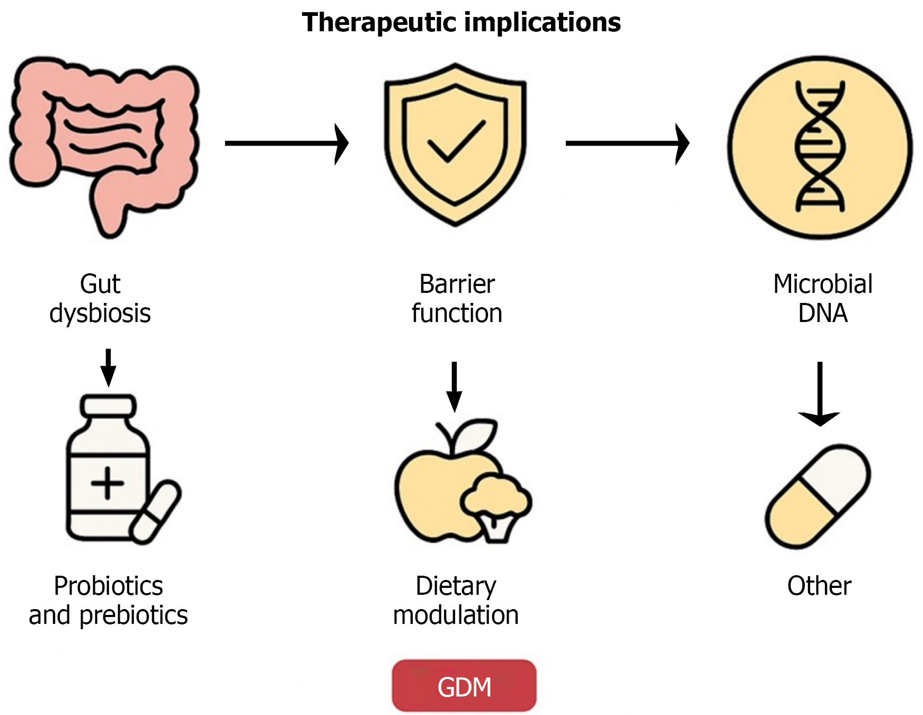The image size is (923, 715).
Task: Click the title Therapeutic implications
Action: click(461, 23)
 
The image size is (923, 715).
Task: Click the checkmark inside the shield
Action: click(456, 141)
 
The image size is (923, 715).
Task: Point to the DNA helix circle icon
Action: click(820, 147)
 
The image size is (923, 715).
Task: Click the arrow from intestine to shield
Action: click(286, 143)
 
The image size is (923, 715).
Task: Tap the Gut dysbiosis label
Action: click(100, 298)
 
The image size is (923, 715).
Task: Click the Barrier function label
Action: click(457, 298)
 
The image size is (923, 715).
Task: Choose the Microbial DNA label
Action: click(822, 298)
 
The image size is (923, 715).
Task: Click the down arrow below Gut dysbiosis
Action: click(108, 367)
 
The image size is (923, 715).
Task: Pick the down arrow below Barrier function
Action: click(454, 386)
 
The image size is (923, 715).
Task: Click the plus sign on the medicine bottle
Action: click(108, 482)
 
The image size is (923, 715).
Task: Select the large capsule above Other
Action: click(818, 496)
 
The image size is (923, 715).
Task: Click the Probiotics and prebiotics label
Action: click(108, 600)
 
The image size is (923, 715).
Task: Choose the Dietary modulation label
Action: click(456, 600)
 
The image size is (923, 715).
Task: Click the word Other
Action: click(819, 586)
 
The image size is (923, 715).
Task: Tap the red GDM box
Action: click(464, 686)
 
